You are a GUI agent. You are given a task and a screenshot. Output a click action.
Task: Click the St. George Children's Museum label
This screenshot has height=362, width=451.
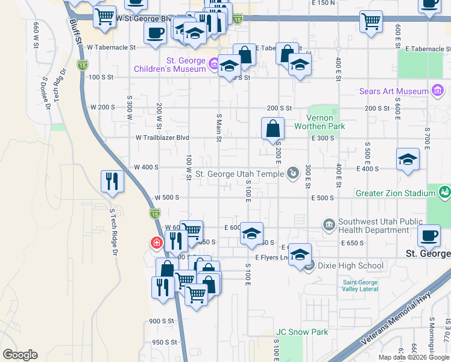[x=186, y=65]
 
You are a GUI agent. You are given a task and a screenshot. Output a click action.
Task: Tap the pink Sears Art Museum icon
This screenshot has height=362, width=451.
[x=438, y=91]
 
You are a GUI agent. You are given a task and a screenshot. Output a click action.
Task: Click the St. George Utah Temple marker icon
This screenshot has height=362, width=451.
[x=293, y=174]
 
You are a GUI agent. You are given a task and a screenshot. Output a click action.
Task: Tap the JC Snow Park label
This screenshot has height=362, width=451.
[x=302, y=332]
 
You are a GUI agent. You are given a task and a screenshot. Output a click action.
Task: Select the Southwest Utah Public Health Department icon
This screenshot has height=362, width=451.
[x=329, y=225]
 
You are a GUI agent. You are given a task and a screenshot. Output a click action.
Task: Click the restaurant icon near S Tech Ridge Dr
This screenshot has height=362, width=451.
[x=112, y=180]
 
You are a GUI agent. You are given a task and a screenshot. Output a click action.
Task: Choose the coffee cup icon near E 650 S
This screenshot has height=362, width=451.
[x=429, y=235]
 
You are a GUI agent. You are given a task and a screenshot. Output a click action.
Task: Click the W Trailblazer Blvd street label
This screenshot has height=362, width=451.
[x=158, y=138]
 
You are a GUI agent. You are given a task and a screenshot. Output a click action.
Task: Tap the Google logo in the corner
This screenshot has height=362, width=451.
[x=20, y=355]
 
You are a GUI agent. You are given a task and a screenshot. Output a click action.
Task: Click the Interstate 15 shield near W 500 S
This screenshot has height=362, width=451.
[x=155, y=213]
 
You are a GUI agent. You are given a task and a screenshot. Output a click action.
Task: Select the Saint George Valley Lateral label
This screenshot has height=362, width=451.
[x=360, y=285]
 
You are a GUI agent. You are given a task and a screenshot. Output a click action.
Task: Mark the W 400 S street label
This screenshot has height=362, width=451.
[x=146, y=167]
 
